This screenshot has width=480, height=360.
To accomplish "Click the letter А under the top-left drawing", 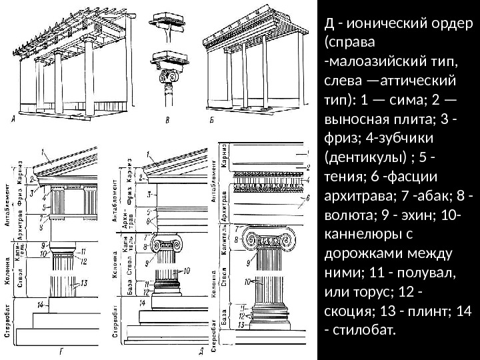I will [15, 121].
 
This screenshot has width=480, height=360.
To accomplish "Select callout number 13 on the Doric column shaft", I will [85, 283].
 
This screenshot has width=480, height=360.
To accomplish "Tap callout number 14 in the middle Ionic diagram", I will [142, 303].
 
